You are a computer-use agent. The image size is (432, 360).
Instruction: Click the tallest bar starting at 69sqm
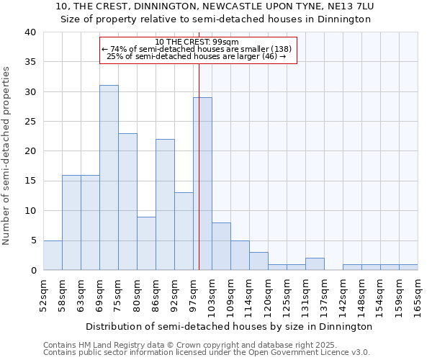(x=109, y=178)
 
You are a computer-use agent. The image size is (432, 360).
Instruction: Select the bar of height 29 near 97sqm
(x=202, y=184)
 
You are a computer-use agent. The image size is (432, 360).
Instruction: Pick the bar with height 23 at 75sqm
(x=127, y=202)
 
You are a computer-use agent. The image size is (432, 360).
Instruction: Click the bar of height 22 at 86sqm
(x=165, y=204)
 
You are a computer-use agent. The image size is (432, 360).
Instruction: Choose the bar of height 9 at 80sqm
(x=146, y=243)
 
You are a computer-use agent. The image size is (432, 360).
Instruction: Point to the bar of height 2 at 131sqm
(x=315, y=264)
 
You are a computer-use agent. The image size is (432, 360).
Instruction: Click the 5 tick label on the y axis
(x=33, y=240)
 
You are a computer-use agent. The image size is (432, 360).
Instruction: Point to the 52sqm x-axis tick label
(x=43, y=292)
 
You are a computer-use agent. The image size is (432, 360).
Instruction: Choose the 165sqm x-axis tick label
(x=418, y=292)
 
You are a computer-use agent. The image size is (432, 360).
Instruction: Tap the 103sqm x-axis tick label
(x=212, y=294)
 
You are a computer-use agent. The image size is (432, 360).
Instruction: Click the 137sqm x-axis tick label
(x=324, y=294)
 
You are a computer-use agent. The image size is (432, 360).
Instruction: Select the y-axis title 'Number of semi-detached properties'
(x=7, y=155)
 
